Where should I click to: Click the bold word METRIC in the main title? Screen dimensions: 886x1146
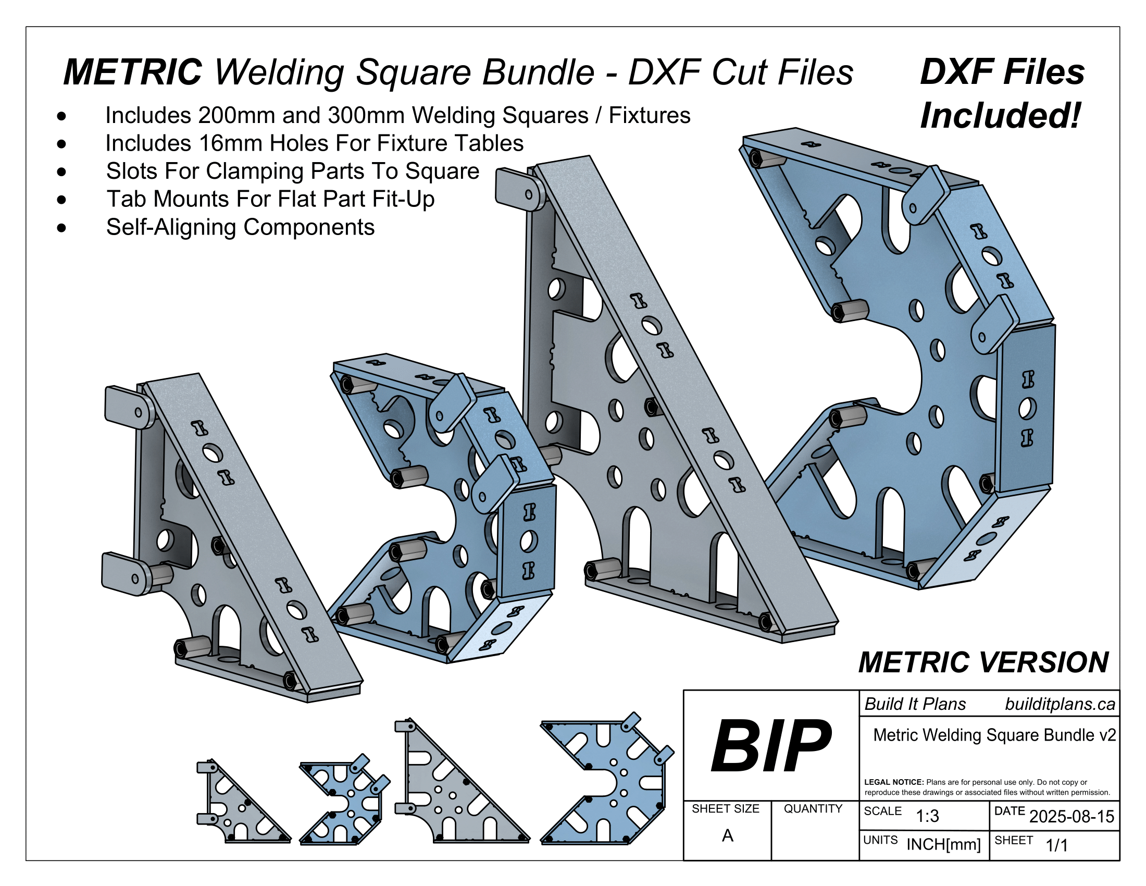click(x=132, y=72)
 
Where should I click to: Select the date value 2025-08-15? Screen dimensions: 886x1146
click(x=1071, y=817)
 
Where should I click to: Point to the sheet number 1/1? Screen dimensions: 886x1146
click(x=1056, y=845)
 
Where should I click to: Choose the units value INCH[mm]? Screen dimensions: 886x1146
click(x=943, y=844)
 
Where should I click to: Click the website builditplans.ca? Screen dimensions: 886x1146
click(x=1060, y=705)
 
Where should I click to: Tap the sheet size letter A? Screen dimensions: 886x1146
click(x=727, y=835)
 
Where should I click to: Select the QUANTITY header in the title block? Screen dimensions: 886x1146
click(x=813, y=809)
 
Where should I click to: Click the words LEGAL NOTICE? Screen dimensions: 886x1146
click(x=893, y=782)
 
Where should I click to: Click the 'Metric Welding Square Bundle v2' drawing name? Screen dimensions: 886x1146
click(x=994, y=735)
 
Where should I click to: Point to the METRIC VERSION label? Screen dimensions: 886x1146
click(x=983, y=662)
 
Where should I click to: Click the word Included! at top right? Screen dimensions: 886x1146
click(x=1000, y=116)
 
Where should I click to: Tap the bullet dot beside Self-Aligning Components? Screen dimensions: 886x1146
click(x=62, y=228)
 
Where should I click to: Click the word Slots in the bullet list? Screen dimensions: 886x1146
click(x=132, y=171)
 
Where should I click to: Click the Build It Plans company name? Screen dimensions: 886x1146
click(x=915, y=705)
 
